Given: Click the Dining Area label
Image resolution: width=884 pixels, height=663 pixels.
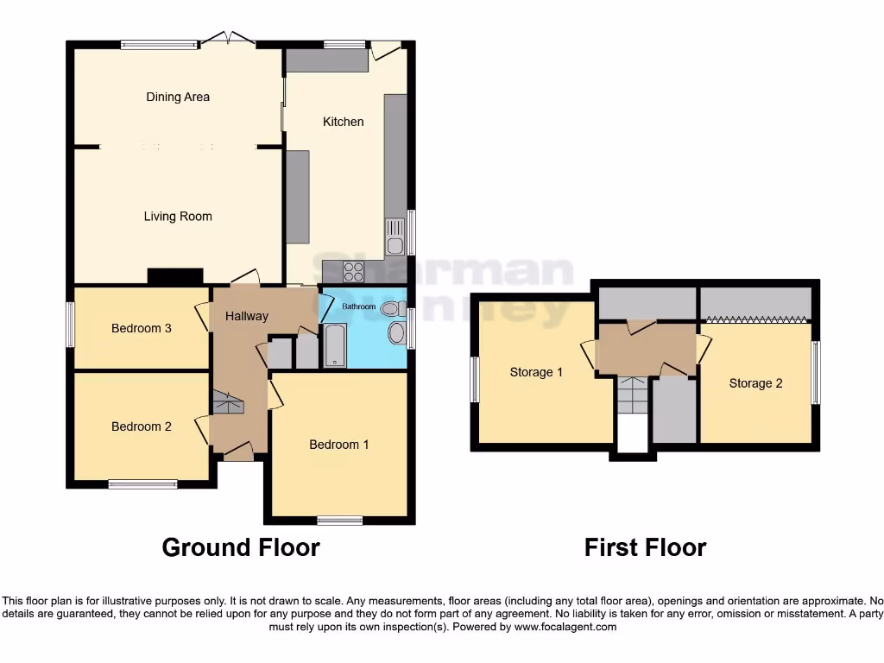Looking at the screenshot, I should (178, 97).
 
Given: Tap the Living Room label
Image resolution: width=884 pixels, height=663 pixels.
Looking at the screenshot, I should (178, 216).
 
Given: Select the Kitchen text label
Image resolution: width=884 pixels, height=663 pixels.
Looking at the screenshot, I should (343, 122).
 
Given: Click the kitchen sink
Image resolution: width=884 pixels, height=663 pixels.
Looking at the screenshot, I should (395, 236).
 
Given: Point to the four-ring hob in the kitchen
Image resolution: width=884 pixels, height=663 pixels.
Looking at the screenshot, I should (354, 271).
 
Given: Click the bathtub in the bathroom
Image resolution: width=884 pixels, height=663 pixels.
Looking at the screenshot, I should (335, 345).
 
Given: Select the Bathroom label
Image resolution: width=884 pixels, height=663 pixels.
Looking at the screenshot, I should (358, 306).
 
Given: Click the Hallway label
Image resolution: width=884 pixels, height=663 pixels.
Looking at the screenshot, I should (247, 317).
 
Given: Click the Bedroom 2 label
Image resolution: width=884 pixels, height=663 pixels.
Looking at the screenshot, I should (142, 426).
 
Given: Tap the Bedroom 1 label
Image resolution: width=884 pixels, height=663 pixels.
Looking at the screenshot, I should (339, 445).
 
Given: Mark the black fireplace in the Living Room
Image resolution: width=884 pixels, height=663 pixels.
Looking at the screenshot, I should (175, 276).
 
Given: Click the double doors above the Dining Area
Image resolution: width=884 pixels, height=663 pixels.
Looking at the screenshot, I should (228, 38).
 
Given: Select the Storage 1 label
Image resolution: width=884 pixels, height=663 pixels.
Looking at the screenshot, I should (536, 372).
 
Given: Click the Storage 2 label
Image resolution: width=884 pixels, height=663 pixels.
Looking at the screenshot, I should (755, 382).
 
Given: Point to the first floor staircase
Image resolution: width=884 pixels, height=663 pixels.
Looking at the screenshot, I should (632, 396).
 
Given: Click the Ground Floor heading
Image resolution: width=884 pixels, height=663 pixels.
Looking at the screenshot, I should (241, 547).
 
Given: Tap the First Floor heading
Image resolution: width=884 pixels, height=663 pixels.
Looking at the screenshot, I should (645, 547).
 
